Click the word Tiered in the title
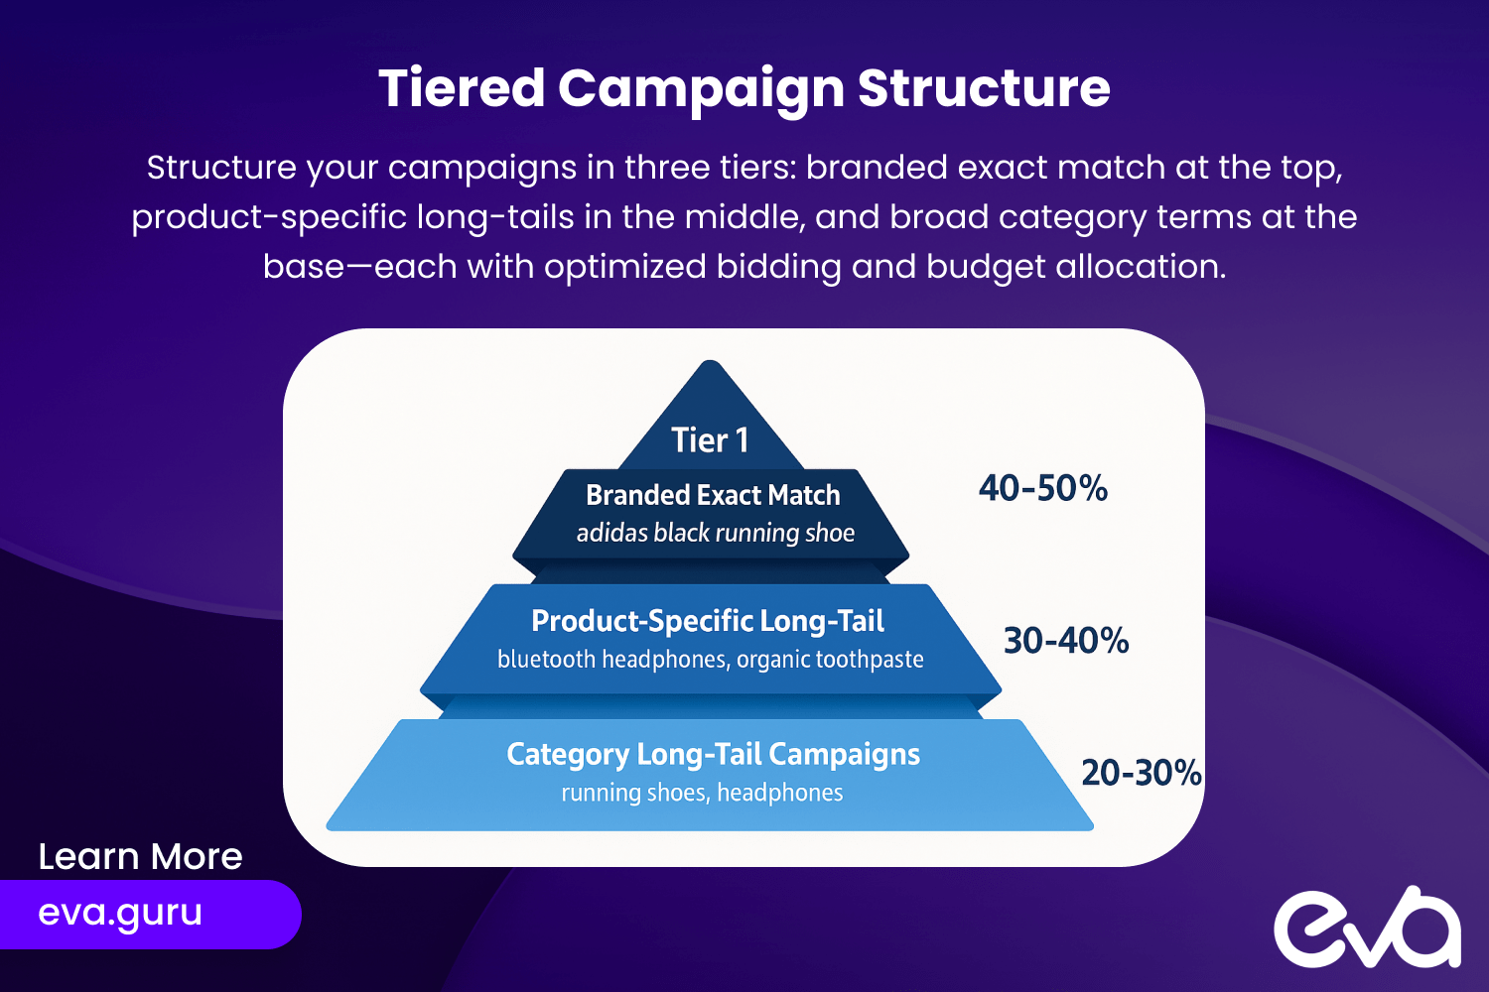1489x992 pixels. point(462,87)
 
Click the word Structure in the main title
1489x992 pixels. point(984,87)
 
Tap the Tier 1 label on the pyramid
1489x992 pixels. point(710,439)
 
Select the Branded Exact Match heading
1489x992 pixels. point(713,495)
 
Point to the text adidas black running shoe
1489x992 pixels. point(716,533)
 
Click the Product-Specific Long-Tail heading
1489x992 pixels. point(707,621)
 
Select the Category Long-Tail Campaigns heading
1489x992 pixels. point(714,755)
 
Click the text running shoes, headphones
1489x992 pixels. point(702,793)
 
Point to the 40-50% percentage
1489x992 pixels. point(1043,488)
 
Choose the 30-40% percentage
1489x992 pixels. point(1065,641)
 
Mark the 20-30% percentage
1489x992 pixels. point(1142,773)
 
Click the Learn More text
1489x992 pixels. point(140,856)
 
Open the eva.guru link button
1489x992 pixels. point(150,915)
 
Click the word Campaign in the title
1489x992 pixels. point(701,89)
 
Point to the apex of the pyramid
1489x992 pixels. point(710,361)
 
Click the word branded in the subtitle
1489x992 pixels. point(877,167)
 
